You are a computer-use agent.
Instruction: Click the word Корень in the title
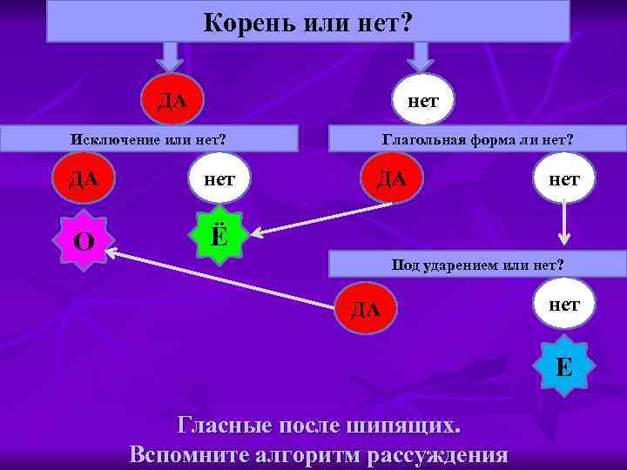(x=236, y=23)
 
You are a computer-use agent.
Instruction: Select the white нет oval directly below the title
(x=422, y=98)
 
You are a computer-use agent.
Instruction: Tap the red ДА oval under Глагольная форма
(x=391, y=179)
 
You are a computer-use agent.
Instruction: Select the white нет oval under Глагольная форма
(x=563, y=178)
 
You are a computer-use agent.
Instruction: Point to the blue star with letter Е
(x=564, y=367)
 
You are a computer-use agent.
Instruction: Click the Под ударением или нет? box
(x=477, y=265)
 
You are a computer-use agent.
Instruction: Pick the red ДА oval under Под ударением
(x=366, y=307)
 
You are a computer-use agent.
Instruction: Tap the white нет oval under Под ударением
(x=564, y=304)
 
